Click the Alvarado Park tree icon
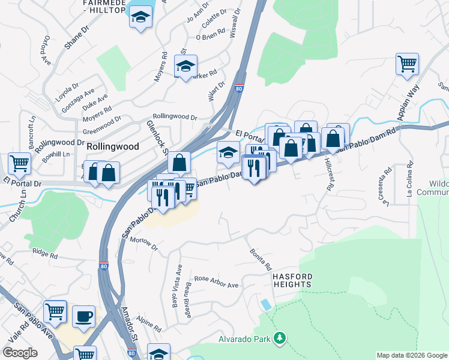point(279,339)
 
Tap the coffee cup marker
point(83,315)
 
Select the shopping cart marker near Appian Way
point(407,64)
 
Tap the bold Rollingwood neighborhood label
point(113,146)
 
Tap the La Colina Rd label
point(409,178)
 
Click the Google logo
point(20,353)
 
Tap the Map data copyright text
point(411,355)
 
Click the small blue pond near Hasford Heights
point(266,304)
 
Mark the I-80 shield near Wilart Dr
point(239,89)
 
